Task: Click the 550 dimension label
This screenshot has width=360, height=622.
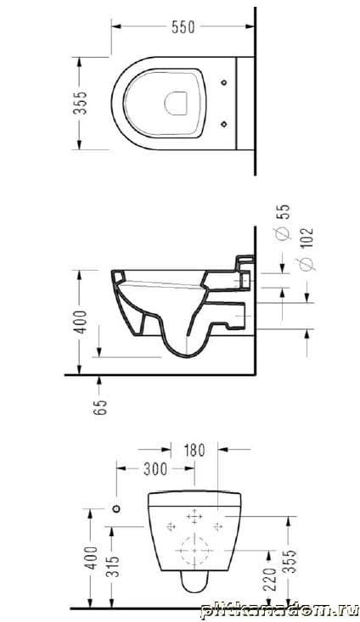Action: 183,27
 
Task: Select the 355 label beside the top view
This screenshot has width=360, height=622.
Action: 80,104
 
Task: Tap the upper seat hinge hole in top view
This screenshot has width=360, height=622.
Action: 224,82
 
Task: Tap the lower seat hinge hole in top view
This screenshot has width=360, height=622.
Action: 224,124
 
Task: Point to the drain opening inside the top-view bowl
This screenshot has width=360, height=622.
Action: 176,104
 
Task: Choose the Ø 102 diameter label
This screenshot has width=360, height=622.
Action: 307,249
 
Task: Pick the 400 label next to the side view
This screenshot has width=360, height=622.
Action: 81,322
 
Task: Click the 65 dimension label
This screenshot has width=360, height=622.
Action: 101,406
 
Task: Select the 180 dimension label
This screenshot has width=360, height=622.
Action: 194,451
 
